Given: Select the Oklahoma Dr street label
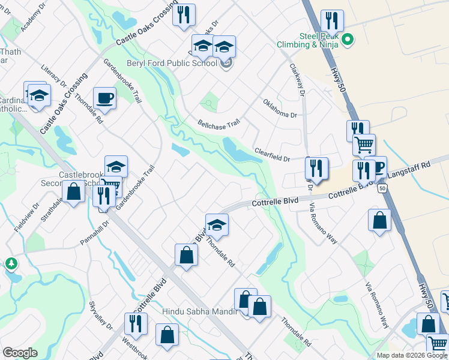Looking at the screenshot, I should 280,108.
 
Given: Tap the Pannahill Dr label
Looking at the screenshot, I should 95,233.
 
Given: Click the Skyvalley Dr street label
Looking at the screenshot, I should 100,315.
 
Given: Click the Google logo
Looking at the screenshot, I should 20,353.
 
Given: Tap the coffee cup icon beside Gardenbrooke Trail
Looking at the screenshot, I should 105,98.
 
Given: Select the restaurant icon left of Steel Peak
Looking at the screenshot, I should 331,20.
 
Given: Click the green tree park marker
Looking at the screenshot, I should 11,263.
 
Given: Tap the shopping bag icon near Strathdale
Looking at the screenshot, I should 74,193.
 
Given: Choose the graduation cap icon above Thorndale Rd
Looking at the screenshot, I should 217,224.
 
